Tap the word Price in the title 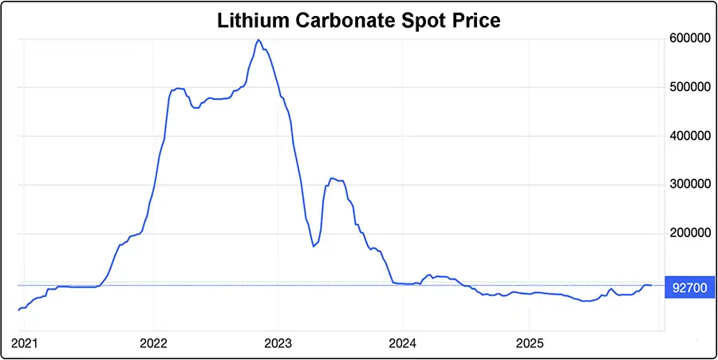[476, 21]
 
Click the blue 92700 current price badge [689, 287]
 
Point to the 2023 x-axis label [278, 343]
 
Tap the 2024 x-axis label [403, 343]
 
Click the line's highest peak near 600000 [258, 40]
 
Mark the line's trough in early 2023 [314, 246]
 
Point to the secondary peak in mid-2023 [332, 179]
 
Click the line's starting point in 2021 [18, 311]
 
